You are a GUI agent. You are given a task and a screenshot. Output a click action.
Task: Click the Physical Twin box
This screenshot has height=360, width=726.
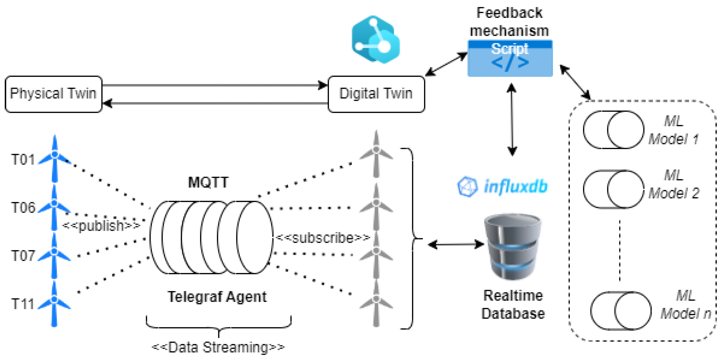coord(53,94)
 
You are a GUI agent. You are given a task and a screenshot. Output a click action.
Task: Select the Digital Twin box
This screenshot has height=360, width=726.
coord(376,94)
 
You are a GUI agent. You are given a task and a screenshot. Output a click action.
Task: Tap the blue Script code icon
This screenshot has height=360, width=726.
coord(510,58)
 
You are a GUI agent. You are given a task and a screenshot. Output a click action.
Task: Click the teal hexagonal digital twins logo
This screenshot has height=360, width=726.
coord(376,39)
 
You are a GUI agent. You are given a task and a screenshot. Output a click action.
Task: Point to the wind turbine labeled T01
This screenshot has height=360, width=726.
coord(55,158)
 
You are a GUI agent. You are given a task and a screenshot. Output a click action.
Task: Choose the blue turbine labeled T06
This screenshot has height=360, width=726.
coord(54,207)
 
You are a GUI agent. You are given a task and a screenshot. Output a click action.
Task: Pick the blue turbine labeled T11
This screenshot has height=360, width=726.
coord(54,304)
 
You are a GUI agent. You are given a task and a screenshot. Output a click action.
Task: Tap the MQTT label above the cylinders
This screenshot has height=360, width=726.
coord(208,182)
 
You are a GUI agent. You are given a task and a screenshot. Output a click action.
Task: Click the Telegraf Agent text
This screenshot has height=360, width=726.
coord(217,297)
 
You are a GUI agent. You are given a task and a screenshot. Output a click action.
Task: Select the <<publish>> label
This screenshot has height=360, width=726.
coord(101,226)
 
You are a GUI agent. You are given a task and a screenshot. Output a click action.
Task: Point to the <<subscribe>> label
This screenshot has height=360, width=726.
coord(322,238)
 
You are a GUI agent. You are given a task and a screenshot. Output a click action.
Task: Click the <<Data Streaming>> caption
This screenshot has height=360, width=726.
coord(218,347)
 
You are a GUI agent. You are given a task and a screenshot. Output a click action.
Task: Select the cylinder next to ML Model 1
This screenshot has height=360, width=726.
coord(613,129)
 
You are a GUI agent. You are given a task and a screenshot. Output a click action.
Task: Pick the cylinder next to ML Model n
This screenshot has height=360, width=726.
coord(621,311)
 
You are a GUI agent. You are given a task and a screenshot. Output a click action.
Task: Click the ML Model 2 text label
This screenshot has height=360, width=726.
coord(674,184)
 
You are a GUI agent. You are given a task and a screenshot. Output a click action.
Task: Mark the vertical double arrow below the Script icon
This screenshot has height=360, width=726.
coord(512,120)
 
